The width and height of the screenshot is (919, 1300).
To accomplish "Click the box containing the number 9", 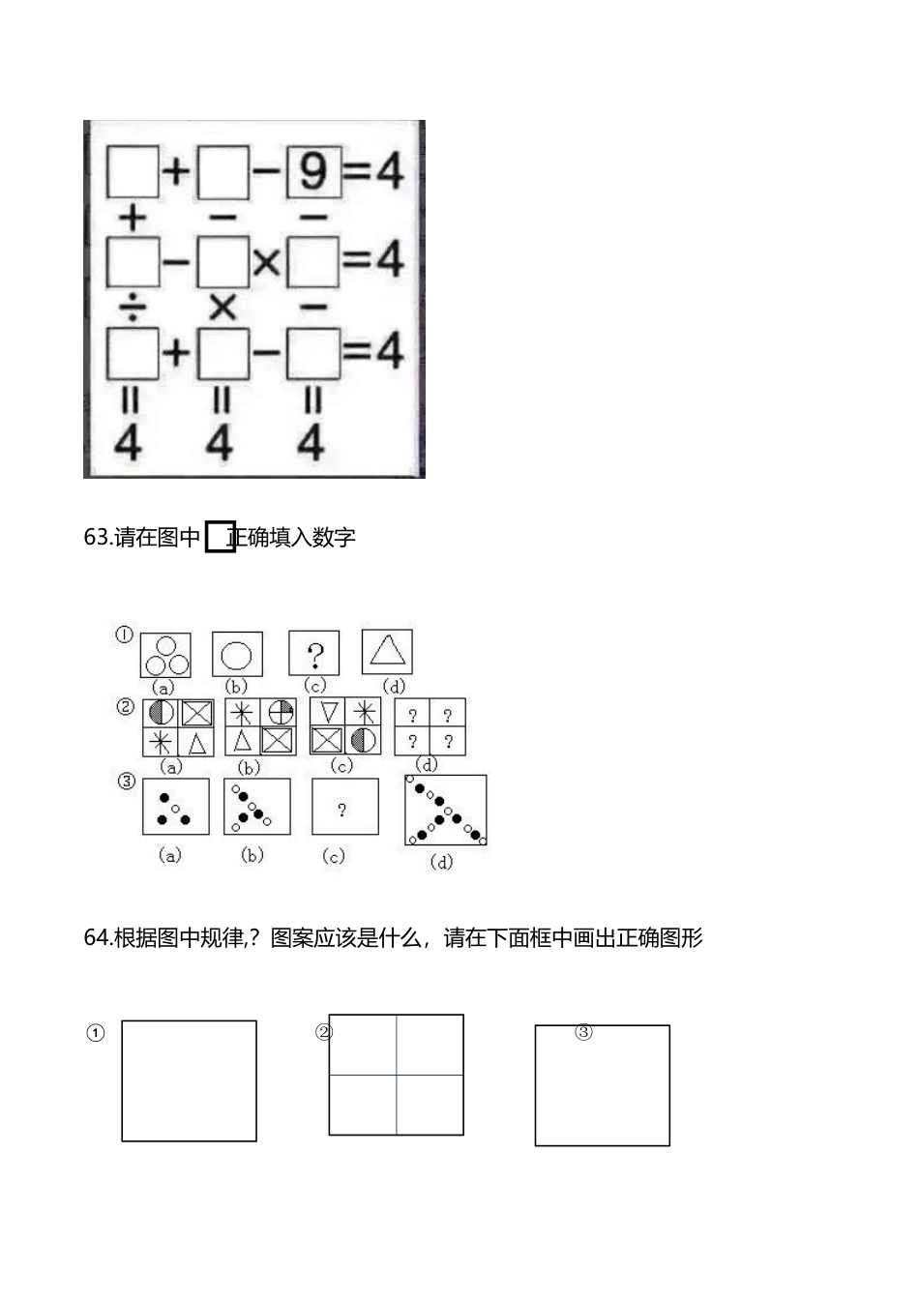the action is tap(312, 171).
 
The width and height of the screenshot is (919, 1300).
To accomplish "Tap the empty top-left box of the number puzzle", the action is tap(133, 171).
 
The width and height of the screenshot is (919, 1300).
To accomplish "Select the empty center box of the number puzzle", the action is tap(222, 262).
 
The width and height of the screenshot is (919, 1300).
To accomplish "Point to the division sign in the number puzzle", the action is tap(132, 308).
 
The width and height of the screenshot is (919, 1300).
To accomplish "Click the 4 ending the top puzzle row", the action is tap(390, 171).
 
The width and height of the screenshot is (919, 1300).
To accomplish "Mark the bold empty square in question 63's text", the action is tap(221, 537).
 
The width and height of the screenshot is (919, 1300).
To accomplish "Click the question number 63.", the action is tap(97, 537).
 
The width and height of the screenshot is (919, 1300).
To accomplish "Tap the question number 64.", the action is tap(97, 937).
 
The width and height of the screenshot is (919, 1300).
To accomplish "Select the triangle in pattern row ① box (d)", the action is tap(387, 650).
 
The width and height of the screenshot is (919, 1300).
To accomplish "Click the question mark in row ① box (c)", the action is tap(314, 655).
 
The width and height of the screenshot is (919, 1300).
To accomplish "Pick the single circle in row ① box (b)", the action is tap(237, 655).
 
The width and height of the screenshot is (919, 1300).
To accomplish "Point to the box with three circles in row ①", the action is tap(165, 655).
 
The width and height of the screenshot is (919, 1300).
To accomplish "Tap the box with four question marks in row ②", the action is tap(430, 726).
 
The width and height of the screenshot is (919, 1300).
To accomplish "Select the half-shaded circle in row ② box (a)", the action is tap(161, 713).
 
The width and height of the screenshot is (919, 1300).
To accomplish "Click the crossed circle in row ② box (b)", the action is tap(281, 712).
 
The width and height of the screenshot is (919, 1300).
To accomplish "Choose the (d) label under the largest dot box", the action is tap(441, 862).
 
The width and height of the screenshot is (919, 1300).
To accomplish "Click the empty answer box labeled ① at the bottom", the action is tap(189, 1080).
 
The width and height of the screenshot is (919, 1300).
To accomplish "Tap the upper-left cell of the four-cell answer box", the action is tap(363, 1045).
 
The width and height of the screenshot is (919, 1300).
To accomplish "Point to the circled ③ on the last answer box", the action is tap(583, 1032).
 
